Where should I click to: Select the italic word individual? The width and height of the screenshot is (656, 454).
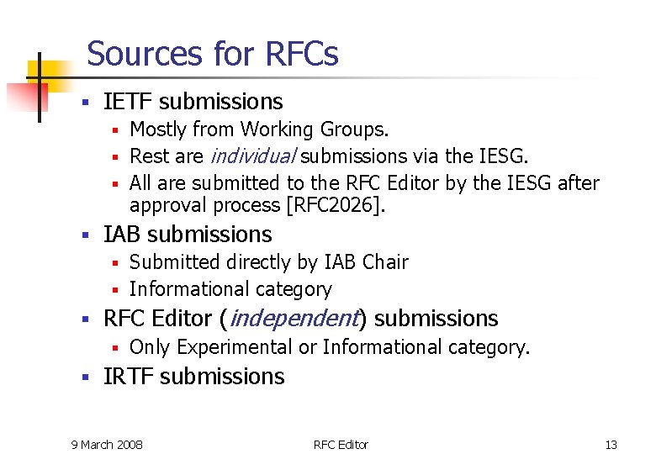click(251, 156)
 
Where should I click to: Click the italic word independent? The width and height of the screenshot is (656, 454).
click(292, 319)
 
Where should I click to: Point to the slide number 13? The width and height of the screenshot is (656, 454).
click(611, 444)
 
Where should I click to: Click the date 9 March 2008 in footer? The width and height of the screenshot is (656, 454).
click(107, 444)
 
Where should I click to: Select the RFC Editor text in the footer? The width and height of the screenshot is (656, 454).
click(341, 444)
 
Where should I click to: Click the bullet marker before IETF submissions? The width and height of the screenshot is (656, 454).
click(84, 103)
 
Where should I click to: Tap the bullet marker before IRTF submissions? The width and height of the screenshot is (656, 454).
click(84, 378)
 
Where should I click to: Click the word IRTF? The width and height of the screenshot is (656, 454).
click(128, 377)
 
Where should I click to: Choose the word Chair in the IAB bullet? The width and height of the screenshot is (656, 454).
click(385, 262)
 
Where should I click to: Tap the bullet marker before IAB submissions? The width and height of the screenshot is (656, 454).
click(84, 236)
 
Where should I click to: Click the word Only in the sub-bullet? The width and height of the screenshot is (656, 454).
click(149, 347)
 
